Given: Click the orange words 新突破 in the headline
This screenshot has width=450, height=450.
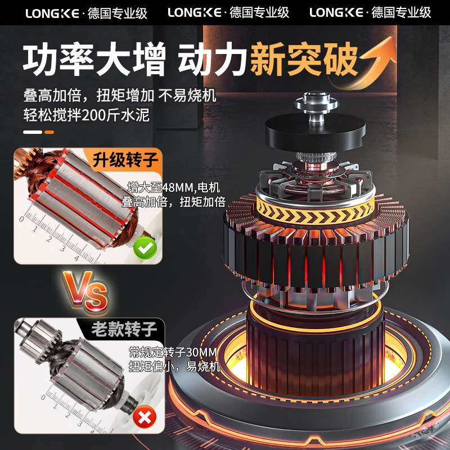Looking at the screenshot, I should (304, 61).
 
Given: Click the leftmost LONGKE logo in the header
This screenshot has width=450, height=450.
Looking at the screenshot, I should (54, 12).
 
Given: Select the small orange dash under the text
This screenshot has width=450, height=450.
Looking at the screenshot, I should (49, 132).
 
